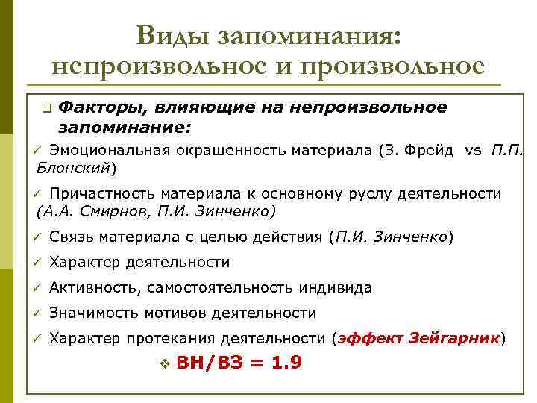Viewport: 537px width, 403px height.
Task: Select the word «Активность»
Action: coord(95,287)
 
